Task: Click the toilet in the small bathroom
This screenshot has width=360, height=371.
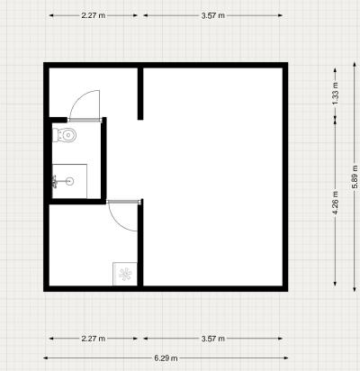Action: click(x=65, y=135)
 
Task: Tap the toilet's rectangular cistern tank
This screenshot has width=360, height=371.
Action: click(x=55, y=135)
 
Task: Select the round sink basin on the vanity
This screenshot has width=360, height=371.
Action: click(x=69, y=181)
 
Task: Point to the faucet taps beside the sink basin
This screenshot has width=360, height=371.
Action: click(x=55, y=182)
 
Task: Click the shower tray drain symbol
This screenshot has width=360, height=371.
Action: click(x=125, y=274)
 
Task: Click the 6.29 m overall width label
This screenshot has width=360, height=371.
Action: click(x=166, y=357)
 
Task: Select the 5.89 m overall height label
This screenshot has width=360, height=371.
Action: click(x=355, y=176)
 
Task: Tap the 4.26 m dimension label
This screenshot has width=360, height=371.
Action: click(x=336, y=203)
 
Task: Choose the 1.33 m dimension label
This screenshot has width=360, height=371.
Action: click(x=336, y=94)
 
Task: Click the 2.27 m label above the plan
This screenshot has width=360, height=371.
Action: click(x=94, y=15)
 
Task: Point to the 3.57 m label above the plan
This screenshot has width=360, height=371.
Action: click(x=213, y=15)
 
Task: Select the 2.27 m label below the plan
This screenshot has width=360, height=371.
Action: click(x=94, y=339)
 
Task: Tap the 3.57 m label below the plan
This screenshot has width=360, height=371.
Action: click(x=213, y=339)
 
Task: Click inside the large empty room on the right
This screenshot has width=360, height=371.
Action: click(x=213, y=176)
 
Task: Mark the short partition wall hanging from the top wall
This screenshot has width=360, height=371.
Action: click(x=140, y=94)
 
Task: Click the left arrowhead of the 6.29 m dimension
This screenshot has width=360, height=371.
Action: click(x=46, y=357)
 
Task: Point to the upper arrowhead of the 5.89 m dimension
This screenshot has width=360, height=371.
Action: click(x=355, y=65)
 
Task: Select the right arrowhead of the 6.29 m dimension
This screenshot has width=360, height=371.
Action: click(x=286, y=357)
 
